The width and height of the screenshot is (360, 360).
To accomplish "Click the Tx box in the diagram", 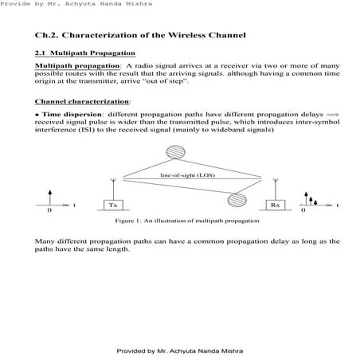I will pos(112,205).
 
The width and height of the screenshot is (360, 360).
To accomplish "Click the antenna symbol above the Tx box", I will pos(112,187).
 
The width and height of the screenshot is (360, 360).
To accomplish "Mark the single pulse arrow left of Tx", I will pos(50,198).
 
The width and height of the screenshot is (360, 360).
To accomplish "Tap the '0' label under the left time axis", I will pos(49,213).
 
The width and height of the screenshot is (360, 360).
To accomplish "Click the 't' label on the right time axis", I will pos(337,205).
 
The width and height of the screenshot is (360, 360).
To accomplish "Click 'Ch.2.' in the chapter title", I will pos(47,36).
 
